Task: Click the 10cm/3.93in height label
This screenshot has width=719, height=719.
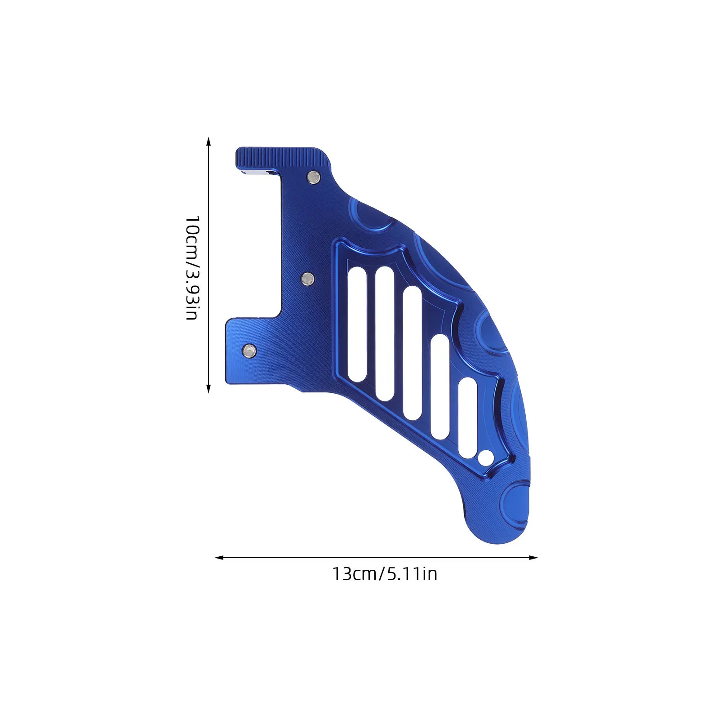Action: point(192,268)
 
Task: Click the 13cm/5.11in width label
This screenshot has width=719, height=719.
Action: point(385,574)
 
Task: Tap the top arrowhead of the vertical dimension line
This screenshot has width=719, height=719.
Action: point(208,141)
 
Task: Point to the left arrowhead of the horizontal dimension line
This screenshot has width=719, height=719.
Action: point(219,558)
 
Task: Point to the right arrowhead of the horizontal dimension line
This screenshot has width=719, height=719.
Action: point(533,558)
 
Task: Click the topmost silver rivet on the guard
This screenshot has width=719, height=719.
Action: point(313,177)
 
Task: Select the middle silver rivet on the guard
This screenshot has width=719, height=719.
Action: point(308,279)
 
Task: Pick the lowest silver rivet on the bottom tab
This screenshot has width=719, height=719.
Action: point(249,350)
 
